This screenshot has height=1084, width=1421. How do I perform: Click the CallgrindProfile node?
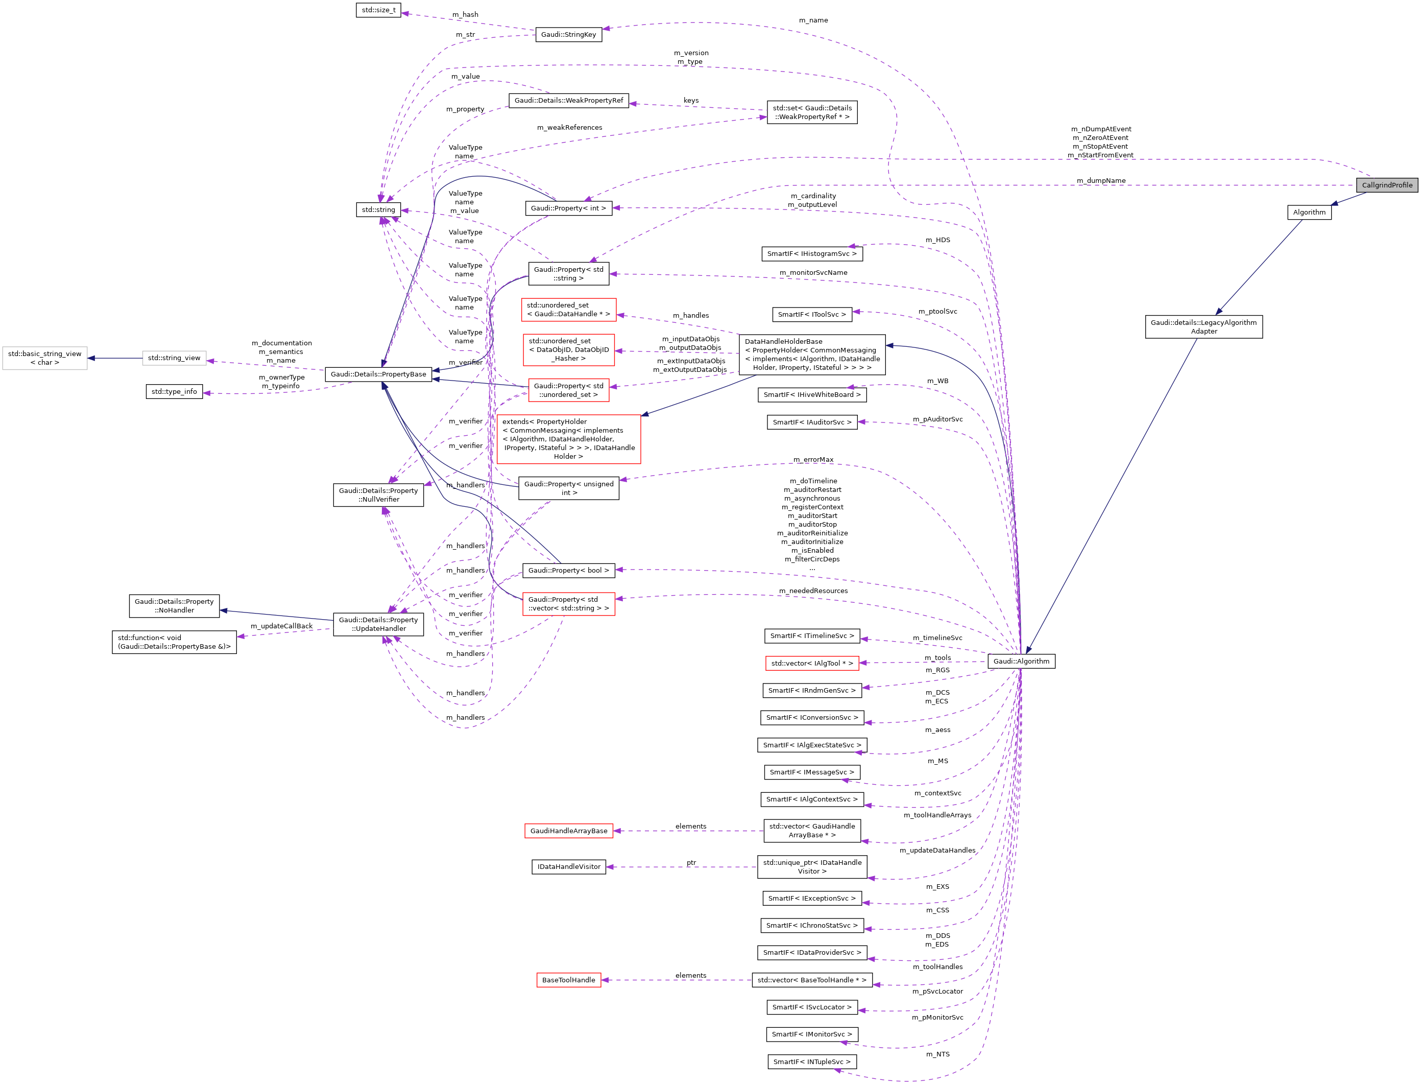click(x=1386, y=185)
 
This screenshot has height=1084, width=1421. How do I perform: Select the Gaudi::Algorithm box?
click(x=1021, y=662)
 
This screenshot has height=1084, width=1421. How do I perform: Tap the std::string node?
click(x=378, y=210)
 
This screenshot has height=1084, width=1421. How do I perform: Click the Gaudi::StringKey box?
click(x=568, y=34)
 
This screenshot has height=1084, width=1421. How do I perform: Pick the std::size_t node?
click(x=378, y=10)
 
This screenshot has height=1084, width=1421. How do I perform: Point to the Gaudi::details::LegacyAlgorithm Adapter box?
click(x=1203, y=326)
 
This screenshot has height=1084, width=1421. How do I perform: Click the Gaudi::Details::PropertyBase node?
click(x=378, y=374)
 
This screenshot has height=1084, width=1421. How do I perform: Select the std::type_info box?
click(x=174, y=392)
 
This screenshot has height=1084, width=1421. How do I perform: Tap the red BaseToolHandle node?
click(x=568, y=980)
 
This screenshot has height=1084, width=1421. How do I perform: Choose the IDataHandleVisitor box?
click(x=568, y=866)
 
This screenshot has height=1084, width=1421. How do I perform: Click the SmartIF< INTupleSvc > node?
click(x=811, y=1062)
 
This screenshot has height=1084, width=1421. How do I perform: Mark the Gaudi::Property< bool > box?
click(x=568, y=571)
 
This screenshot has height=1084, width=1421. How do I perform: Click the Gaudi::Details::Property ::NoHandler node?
click(x=174, y=606)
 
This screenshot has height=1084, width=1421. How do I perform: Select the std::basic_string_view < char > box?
click(x=44, y=358)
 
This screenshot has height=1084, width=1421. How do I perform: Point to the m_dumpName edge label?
click(x=1100, y=181)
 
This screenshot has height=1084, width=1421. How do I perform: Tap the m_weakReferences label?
click(x=569, y=128)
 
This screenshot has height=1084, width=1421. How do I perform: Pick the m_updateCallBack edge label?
click(x=281, y=626)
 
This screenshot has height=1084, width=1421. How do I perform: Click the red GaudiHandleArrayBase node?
click(x=568, y=831)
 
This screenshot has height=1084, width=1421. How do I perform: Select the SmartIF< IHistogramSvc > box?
click(x=811, y=253)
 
